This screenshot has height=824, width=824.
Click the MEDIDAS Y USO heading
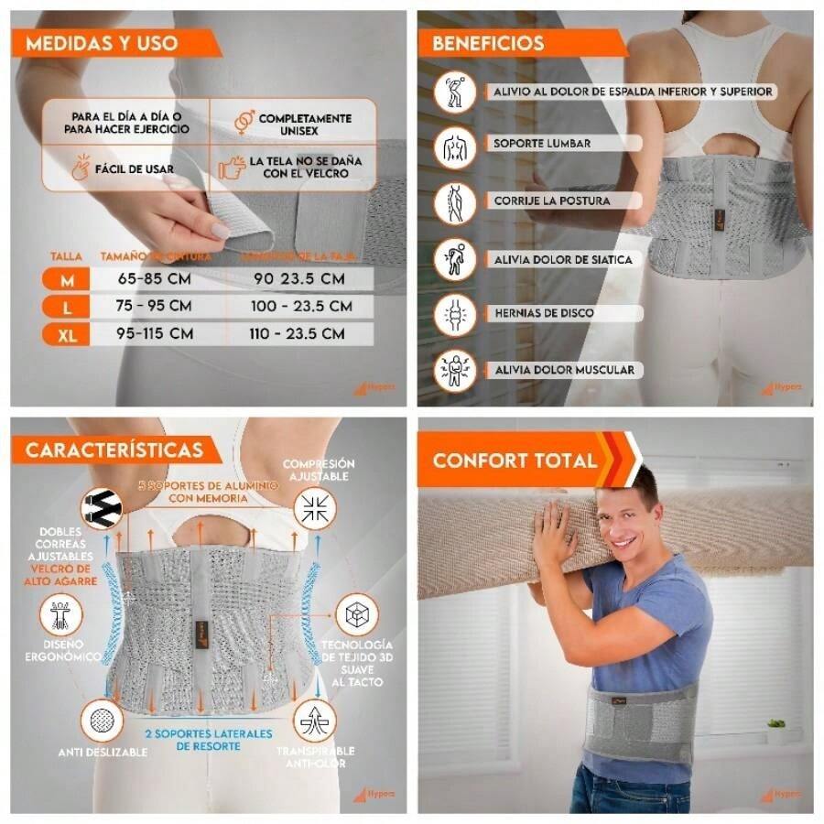click(x=102, y=43)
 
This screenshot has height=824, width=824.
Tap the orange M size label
click(x=68, y=280)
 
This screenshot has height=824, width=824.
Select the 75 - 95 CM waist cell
click(x=155, y=307)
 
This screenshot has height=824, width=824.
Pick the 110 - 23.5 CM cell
click(x=297, y=334)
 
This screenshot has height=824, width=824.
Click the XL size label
click(x=68, y=335)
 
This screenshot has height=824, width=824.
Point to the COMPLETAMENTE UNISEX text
click(x=305, y=125)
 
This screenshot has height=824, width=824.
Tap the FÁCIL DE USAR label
click(x=136, y=169)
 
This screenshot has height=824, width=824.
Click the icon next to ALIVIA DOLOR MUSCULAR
click(x=455, y=372)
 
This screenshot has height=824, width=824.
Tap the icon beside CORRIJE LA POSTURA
click(x=455, y=201)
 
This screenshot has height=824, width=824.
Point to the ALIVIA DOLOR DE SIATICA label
click(x=562, y=260)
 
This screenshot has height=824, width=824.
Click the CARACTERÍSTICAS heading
click(x=114, y=450)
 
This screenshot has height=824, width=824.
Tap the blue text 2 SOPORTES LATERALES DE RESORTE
click(x=209, y=740)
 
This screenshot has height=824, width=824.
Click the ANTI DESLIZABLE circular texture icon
click(x=102, y=721)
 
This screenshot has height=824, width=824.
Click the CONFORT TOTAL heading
click(x=515, y=460)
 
